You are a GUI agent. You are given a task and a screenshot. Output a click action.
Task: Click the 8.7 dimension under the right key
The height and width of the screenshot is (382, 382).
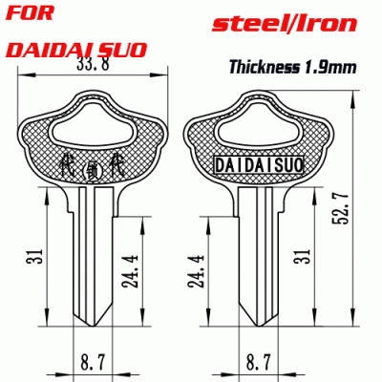click(x=255, y=364)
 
